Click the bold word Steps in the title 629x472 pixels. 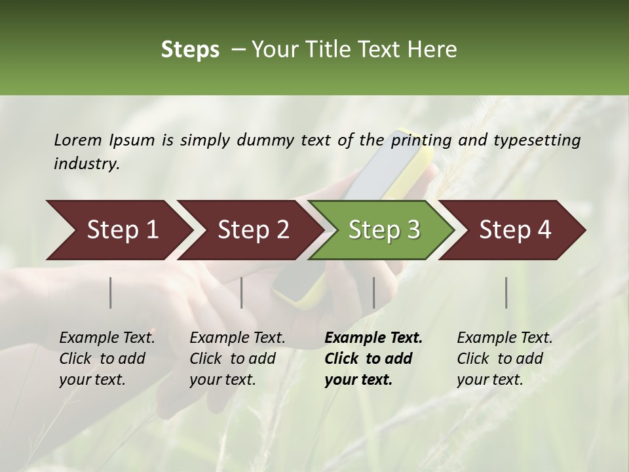coord(190,50)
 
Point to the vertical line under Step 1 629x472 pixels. coord(111,292)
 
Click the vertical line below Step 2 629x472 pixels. coord(242,292)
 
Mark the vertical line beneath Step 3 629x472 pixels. coord(374,292)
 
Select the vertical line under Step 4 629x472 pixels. coord(506,292)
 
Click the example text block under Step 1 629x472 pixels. coord(107,359)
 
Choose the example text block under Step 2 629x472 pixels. coord(237,359)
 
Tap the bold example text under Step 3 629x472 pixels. coord(373,359)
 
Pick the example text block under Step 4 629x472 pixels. coord(505,359)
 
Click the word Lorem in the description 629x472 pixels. coord(78,140)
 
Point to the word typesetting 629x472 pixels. coord(539,140)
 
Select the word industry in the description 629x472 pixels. coord(86,163)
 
